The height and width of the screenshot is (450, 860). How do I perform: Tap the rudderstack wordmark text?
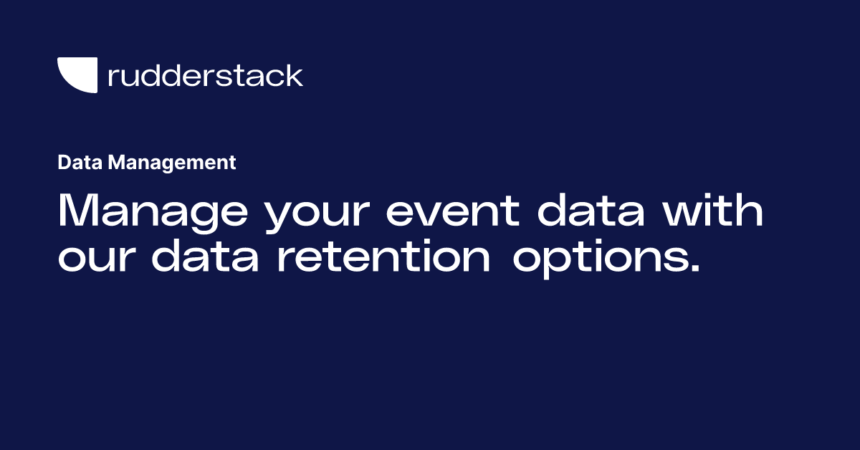point(205,75)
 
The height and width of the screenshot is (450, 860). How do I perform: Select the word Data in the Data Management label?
point(80,163)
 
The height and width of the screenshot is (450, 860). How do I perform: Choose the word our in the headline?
point(97,259)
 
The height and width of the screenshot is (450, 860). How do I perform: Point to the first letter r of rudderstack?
point(112,77)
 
